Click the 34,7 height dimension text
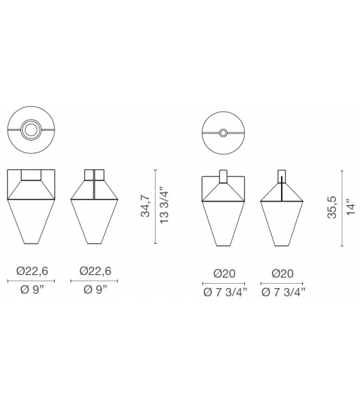click(146, 206)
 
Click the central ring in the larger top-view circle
click(30, 130)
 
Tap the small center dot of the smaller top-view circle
click(224, 133)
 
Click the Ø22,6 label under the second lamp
click(95, 271)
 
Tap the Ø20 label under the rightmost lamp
click(283, 274)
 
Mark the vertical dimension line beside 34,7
click(155, 206)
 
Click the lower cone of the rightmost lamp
click(283, 223)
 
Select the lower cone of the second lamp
click(95, 221)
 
